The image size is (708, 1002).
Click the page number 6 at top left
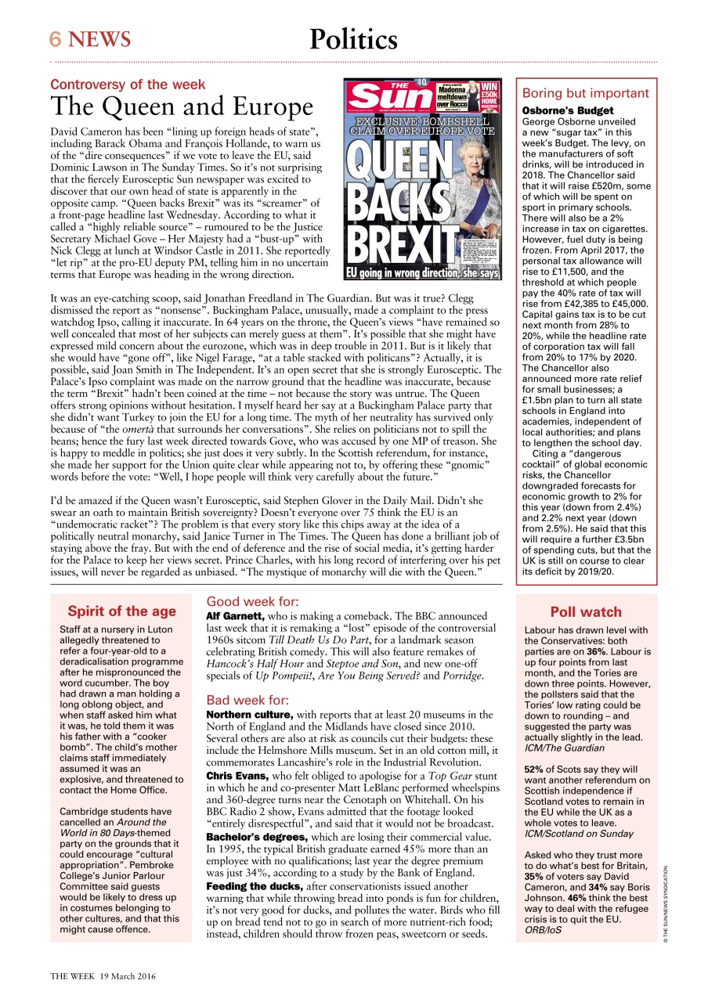click(56, 39)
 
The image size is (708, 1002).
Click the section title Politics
click(353, 39)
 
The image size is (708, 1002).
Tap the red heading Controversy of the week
click(128, 85)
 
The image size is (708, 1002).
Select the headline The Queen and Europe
click(182, 106)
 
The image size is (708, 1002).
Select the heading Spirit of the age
click(121, 611)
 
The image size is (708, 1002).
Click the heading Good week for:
click(252, 602)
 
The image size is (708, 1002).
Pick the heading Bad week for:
click(247, 700)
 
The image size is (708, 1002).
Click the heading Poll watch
click(586, 612)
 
